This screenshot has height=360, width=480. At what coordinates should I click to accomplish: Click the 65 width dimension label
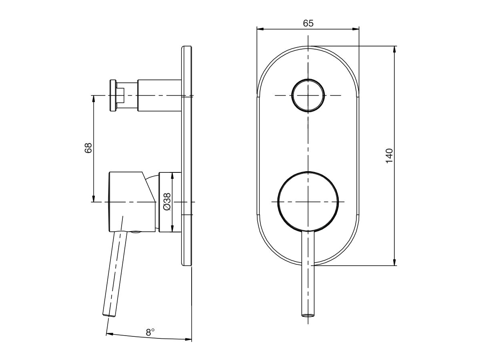point(308,23)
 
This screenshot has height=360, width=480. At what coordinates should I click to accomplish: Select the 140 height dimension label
point(389,156)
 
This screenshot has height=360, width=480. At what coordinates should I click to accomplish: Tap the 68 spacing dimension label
point(88,148)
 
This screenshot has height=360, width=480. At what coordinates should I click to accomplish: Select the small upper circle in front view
point(308,95)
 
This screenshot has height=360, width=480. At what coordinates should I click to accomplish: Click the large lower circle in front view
point(308,201)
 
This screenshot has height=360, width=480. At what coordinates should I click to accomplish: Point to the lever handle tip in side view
point(109,314)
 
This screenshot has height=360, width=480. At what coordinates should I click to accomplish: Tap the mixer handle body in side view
point(130,202)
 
